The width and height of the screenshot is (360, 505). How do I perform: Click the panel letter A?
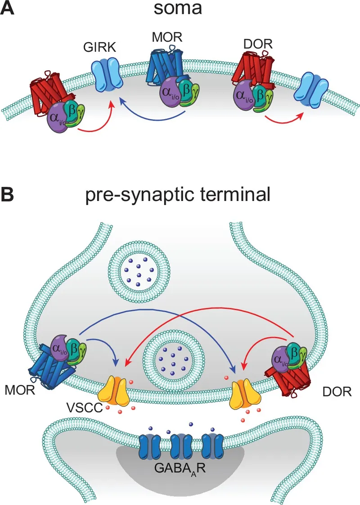coord(9,9)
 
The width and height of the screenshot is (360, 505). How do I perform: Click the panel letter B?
coord(9,194)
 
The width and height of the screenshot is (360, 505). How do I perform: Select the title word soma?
coord(180,10)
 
